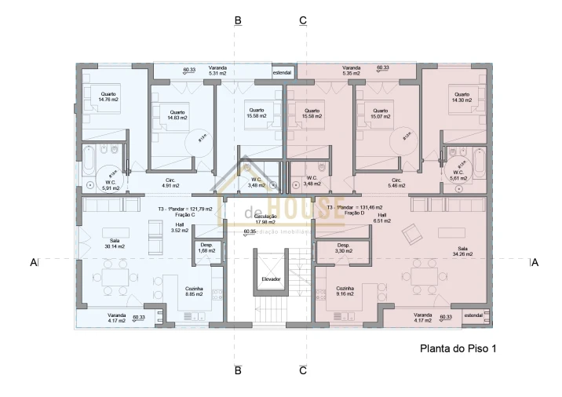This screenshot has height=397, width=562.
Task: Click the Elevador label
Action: coord(271,279)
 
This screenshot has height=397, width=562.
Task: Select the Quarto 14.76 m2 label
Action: coord(109,97)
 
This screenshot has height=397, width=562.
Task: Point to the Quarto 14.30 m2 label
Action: coord(461,97)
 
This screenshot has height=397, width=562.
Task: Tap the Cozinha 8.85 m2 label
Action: coord(195,291)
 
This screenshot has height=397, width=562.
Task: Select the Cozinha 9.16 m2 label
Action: coord(346,291)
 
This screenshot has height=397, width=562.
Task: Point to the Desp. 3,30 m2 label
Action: coord(344,248)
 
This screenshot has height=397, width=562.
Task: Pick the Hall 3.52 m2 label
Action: coord(180,228)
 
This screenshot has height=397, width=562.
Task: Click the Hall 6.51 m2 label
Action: coord(382,218)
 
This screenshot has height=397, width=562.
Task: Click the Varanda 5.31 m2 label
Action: coord(217,71)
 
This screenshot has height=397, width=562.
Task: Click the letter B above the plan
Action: coord(237,21)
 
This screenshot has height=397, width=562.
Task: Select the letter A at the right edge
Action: coord(535,263)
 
